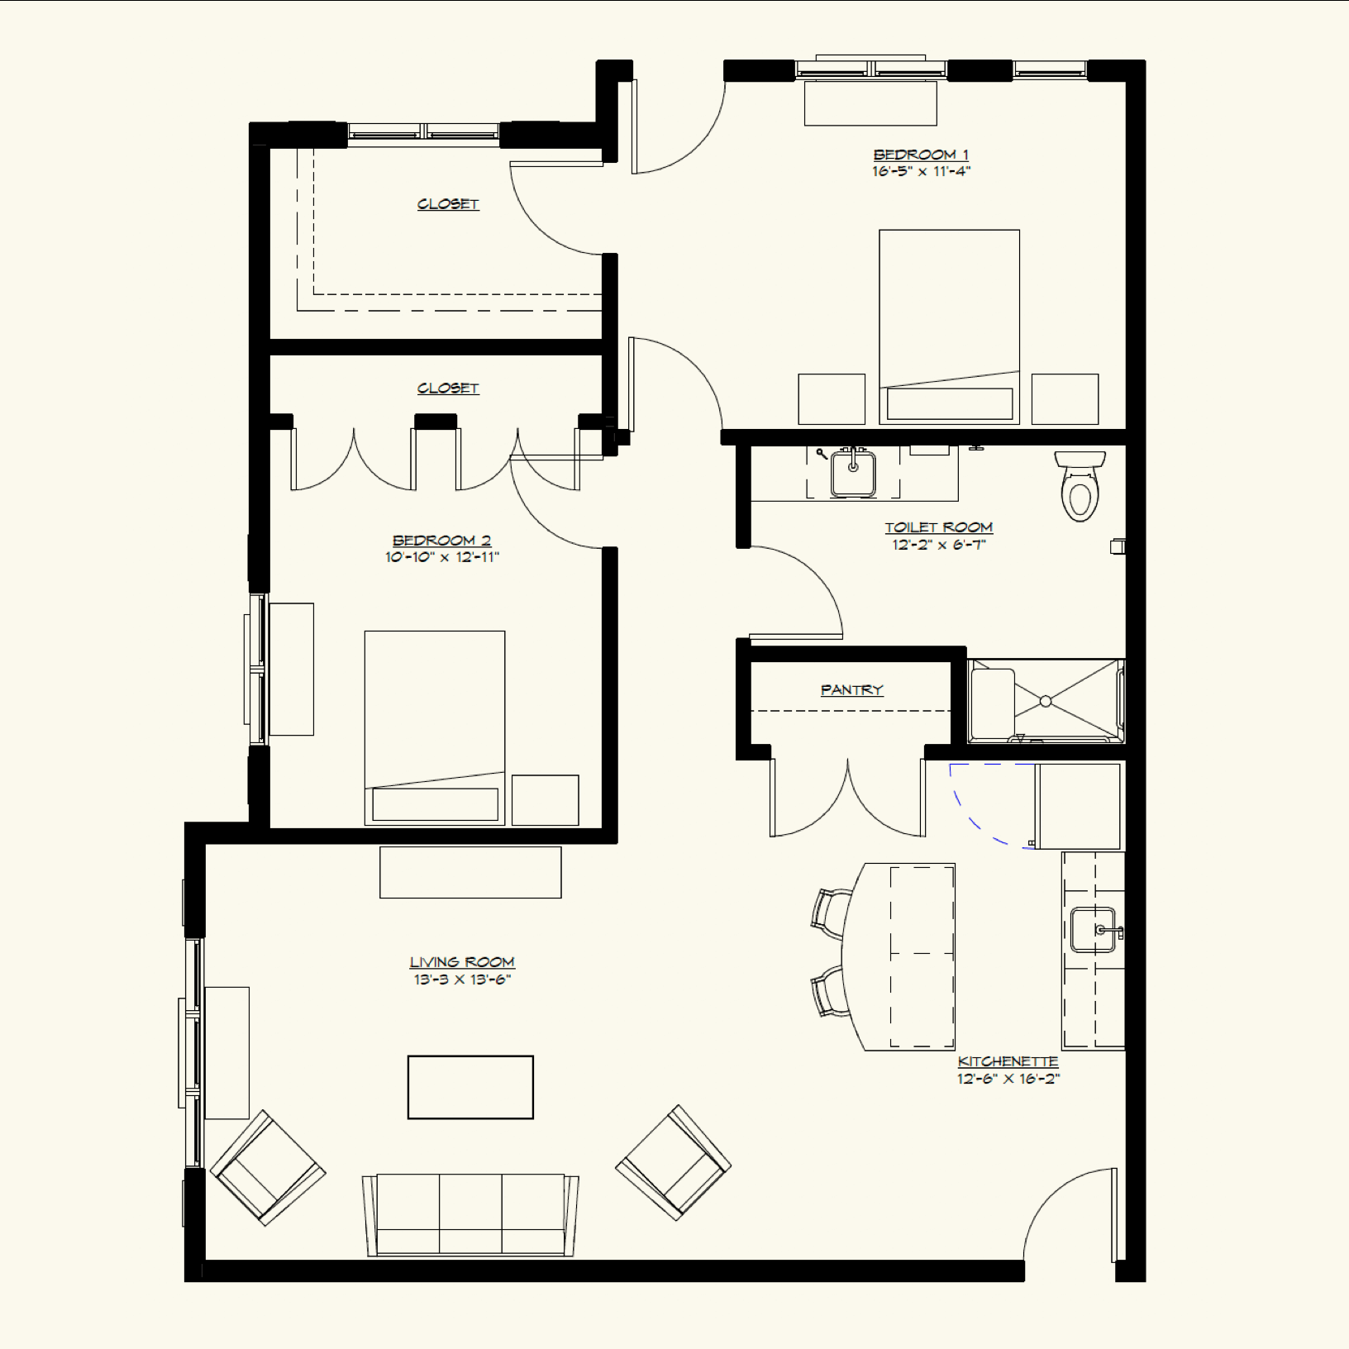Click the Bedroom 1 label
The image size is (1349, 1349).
[x=921, y=155]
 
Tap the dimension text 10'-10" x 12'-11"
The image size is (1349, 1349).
[x=442, y=557]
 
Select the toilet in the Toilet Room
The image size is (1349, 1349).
[x=1080, y=489]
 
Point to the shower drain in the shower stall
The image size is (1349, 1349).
[x=1046, y=701]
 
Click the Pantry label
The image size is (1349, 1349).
[x=851, y=689]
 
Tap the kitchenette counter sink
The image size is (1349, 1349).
[x=1093, y=930]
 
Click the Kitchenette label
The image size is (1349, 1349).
[x=1008, y=1061]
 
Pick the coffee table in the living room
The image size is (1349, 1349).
[x=470, y=1087]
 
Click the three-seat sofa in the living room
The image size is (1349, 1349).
[x=470, y=1213]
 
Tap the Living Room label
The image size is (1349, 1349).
[x=462, y=962]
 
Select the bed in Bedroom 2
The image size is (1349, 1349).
[x=435, y=727]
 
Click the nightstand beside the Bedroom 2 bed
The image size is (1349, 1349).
[x=545, y=799]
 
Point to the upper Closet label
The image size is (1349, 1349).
[x=448, y=204]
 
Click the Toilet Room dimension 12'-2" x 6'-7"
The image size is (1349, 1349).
[x=938, y=545]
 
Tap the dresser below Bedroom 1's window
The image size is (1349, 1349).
[x=870, y=103]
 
